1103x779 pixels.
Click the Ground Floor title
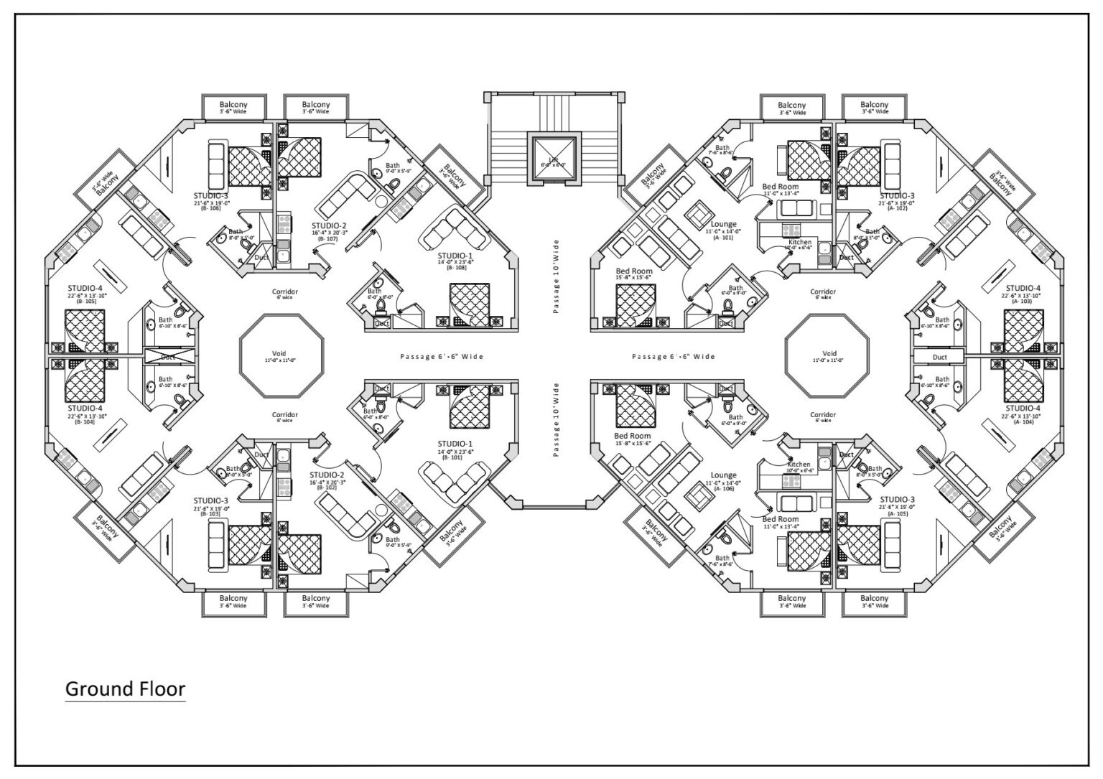(x=125, y=689)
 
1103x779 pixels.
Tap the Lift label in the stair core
(x=553, y=159)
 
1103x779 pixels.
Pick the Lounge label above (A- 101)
(x=723, y=224)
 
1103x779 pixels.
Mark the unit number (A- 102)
(x=897, y=209)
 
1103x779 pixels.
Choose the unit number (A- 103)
(x=1023, y=302)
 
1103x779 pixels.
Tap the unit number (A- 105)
(x=897, y=513)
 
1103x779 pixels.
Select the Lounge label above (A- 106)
(x=723, y=475)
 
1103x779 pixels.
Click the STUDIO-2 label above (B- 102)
(x=327, y=475)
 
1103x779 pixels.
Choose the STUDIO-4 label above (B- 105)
(x=85, y=288)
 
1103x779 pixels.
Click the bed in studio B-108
(x=470, y=304)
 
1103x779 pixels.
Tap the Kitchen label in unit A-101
(x=800, y=242)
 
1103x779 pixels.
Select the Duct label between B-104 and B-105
(x=167, y=357)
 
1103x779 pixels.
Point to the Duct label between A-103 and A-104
(x=939, y=357)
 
